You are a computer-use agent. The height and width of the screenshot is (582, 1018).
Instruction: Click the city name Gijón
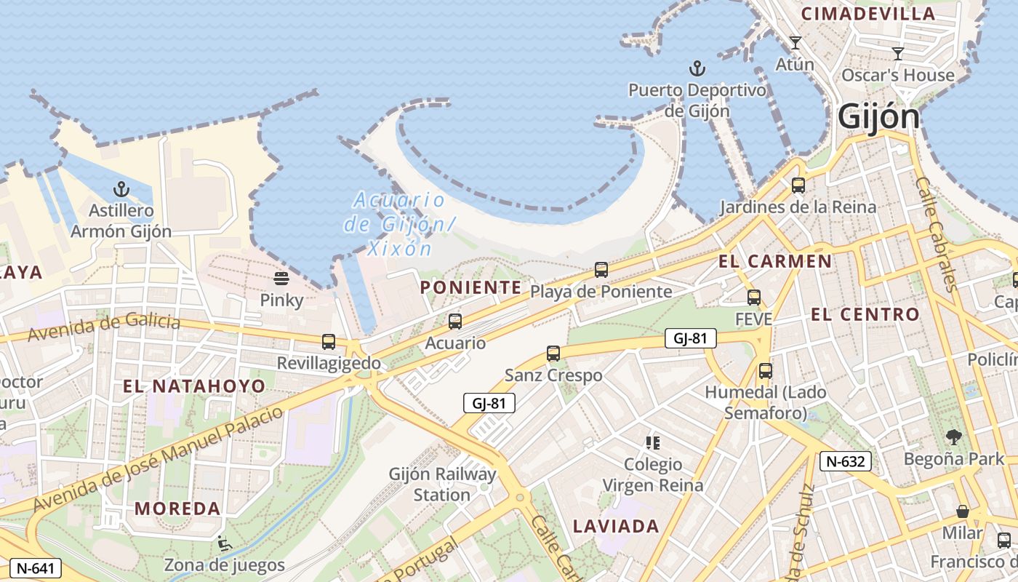878,116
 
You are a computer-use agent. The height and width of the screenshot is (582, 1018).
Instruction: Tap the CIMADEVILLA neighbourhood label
867,14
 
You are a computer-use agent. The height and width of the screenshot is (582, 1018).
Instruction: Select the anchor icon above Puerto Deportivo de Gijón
697,68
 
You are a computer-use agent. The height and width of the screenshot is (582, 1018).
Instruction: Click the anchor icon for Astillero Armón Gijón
121,190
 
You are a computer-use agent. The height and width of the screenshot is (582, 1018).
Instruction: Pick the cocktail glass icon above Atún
795,43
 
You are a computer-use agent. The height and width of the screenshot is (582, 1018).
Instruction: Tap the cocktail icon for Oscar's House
898,53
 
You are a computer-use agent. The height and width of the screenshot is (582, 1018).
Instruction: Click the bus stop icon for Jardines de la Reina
798,186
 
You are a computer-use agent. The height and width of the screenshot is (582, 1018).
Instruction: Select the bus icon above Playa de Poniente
601,270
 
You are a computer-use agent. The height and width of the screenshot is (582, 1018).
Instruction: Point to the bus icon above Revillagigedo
329,341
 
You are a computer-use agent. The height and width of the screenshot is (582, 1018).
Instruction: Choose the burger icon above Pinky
281,279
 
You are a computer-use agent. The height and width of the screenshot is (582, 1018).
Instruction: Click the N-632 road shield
845,461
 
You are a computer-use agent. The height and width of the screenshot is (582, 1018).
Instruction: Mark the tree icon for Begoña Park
953,437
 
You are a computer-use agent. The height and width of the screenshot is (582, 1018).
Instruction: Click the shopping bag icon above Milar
962,511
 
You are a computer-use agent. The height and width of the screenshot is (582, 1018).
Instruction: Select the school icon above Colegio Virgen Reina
652,442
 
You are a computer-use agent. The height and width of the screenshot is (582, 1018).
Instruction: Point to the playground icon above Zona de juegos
224,543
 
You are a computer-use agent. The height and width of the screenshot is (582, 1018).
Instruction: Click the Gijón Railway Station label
442,485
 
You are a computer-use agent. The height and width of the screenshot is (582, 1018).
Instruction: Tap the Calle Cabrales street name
935,234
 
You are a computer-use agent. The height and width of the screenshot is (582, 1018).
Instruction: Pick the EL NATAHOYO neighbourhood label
194,386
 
